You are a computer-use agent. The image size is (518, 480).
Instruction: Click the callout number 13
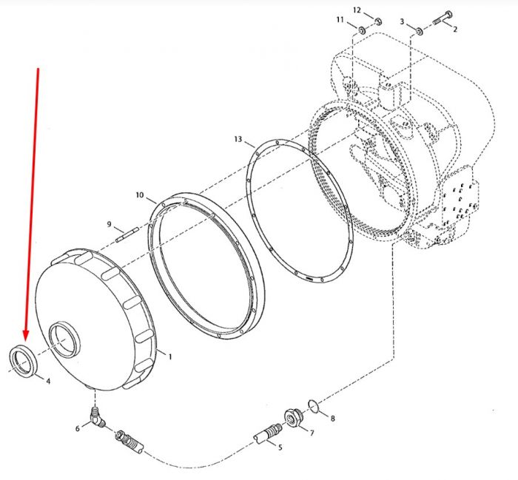[x=238, y=139]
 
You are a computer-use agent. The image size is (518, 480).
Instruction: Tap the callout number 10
[x=140, y=195]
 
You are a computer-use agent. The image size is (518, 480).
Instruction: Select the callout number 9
[x=110, y=225]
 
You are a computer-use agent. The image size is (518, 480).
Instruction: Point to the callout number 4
[x=48, y=382]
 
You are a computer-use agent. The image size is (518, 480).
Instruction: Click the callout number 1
[x=170, y=357]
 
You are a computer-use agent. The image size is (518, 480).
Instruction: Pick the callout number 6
[x=77, y=428]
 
